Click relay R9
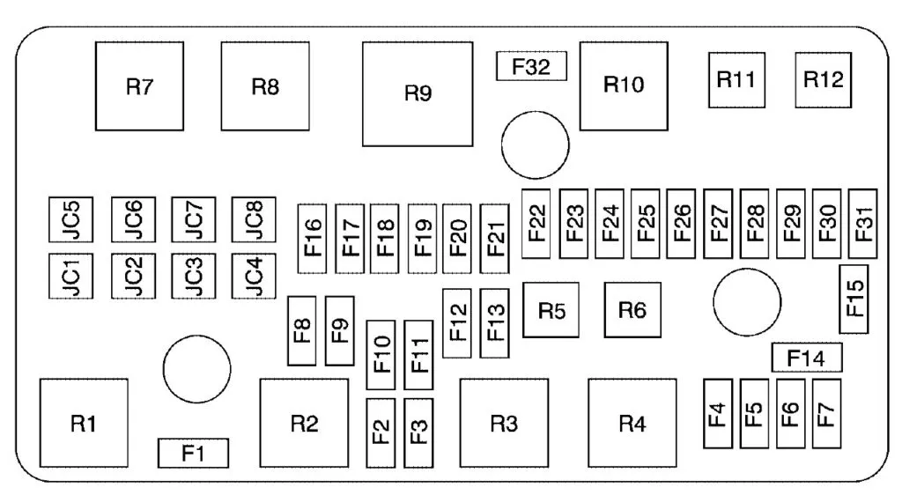418,93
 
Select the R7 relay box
139,86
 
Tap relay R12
824,79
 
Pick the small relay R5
551,310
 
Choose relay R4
632,424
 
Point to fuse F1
193,453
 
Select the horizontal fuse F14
806,358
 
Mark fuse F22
536,223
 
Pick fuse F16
313,233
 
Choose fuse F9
339,330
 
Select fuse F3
418,432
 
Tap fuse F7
825,412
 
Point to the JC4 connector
253,277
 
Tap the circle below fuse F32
536,144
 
